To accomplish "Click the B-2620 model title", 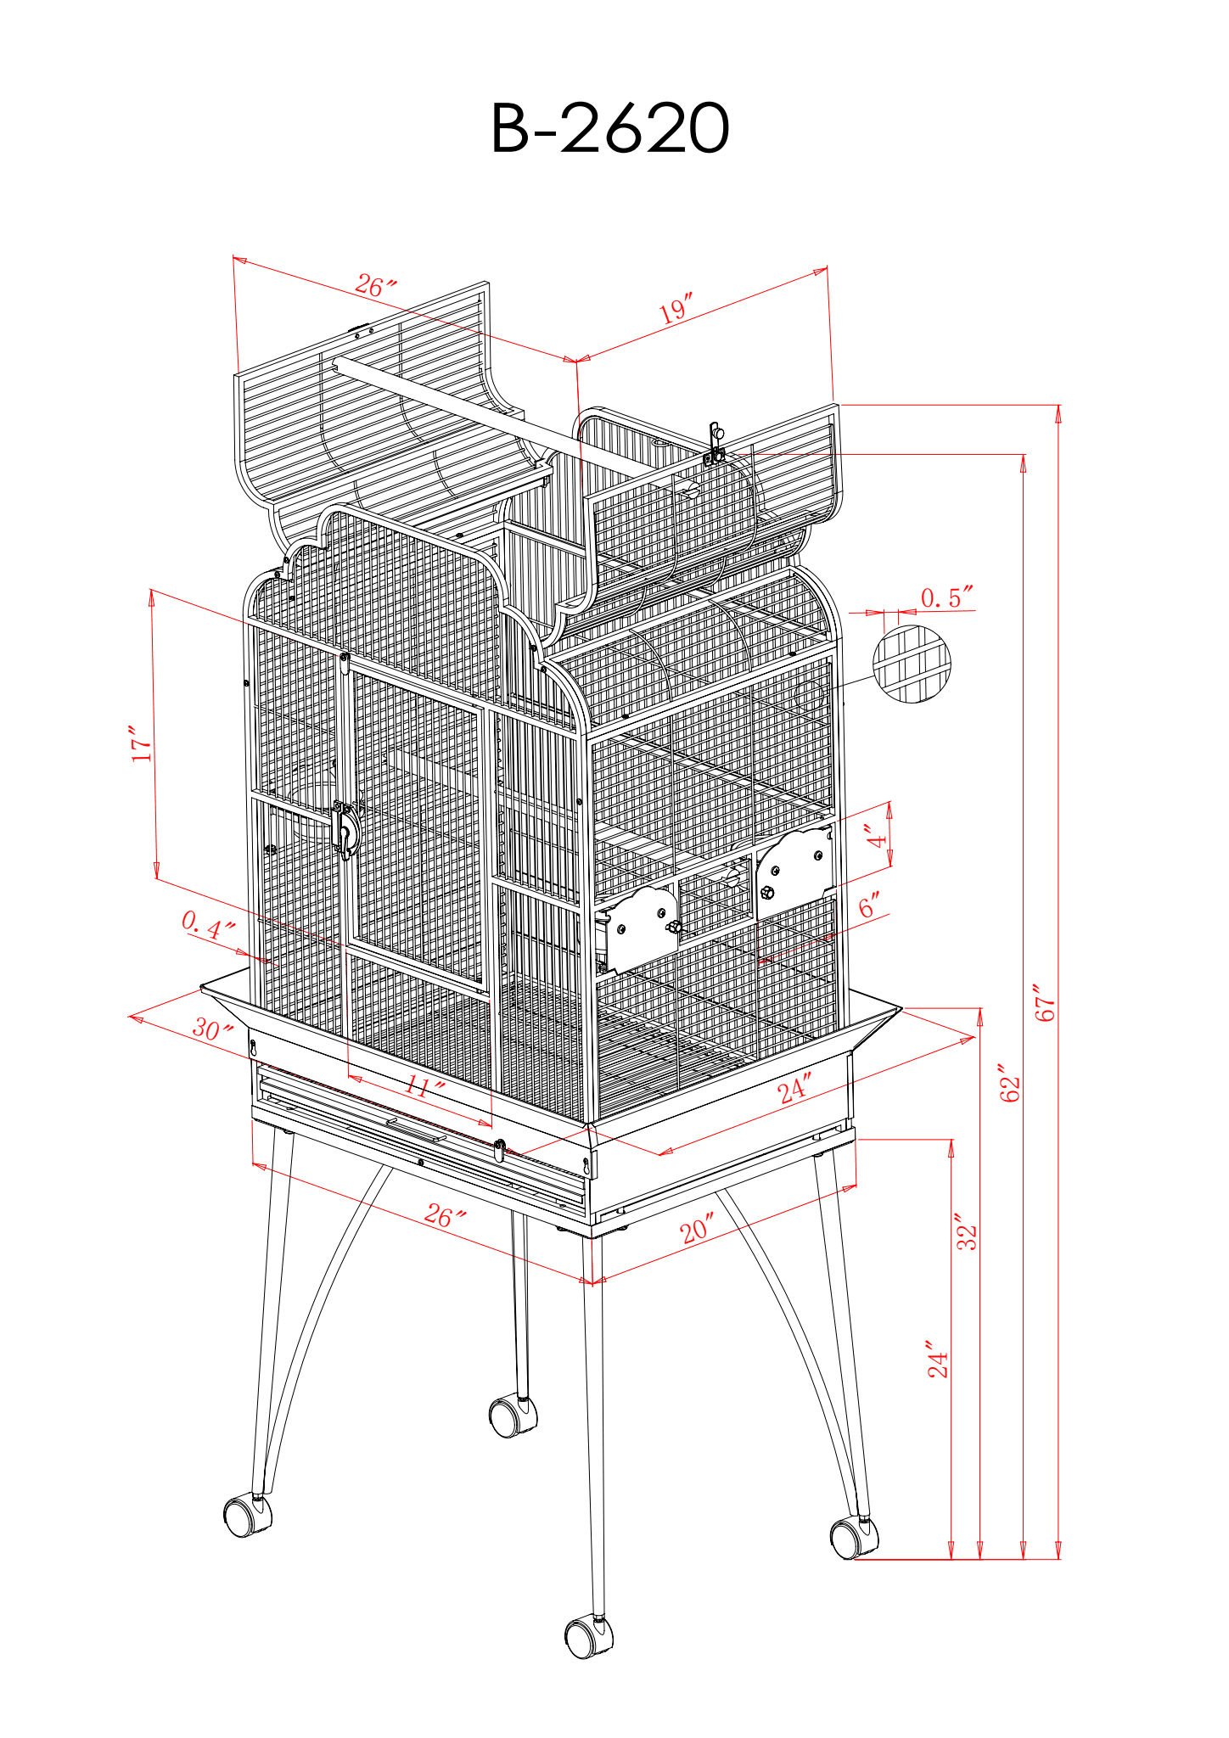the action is coord(609,129).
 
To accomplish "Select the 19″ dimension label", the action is coord(676,308).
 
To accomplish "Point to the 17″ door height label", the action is coord(142,743).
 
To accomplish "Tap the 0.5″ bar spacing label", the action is coord(946,597).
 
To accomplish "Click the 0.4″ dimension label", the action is coord(208,925).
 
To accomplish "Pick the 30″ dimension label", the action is coord(211,1030).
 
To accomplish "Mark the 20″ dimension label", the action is coord(697,1229).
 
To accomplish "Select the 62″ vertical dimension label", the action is coord(1010,1084).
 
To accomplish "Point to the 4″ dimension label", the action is coord(877,836).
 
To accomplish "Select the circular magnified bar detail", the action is coord(912,664).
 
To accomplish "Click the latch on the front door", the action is coord(345,830).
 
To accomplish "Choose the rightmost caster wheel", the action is coord(854,1538).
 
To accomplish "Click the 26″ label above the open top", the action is coord(375,286).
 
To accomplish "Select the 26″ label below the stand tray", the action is coord(445,1217).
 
